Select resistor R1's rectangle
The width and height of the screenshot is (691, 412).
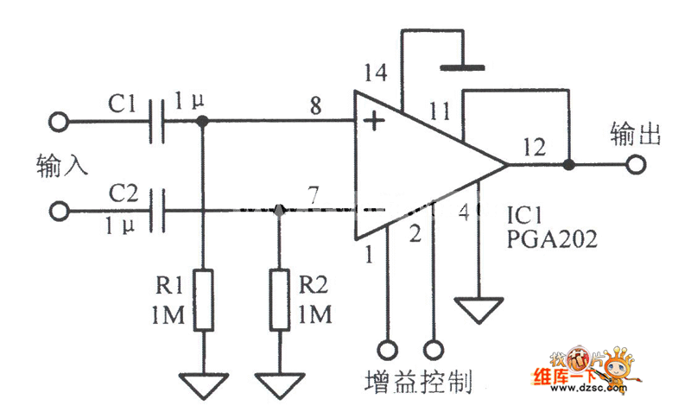(203, 300)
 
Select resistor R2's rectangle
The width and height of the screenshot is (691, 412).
(279, 300)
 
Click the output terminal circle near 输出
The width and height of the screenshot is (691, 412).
(637, 163)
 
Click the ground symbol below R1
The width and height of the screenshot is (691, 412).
(203, 384)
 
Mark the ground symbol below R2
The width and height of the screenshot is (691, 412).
(279, 384)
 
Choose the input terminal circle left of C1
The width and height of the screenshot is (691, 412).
(60, 123)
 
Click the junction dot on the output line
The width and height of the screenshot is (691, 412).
(569, 163)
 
